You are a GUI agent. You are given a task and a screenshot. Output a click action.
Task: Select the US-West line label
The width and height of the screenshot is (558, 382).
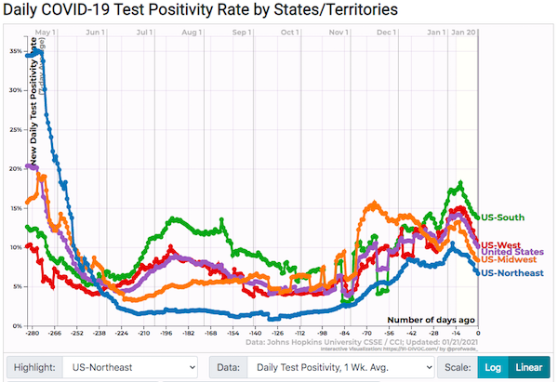499,244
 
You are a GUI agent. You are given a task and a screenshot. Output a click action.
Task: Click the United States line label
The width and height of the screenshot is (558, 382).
511,252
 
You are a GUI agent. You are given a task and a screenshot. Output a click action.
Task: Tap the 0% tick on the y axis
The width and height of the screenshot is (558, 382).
16,326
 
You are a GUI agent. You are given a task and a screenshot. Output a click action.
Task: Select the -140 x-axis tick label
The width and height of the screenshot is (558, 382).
255,333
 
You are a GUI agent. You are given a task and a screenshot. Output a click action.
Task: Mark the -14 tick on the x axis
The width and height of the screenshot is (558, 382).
457,333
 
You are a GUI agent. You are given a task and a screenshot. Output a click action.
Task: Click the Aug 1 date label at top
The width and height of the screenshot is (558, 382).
193,33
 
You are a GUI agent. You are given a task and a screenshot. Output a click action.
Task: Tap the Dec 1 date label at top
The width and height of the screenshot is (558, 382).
387,33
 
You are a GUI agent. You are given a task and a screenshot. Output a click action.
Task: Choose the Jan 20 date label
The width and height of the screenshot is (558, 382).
464,33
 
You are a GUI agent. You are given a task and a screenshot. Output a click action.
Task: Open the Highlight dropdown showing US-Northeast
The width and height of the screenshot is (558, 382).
129,366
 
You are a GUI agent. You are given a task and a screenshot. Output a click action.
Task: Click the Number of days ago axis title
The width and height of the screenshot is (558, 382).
431,319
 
